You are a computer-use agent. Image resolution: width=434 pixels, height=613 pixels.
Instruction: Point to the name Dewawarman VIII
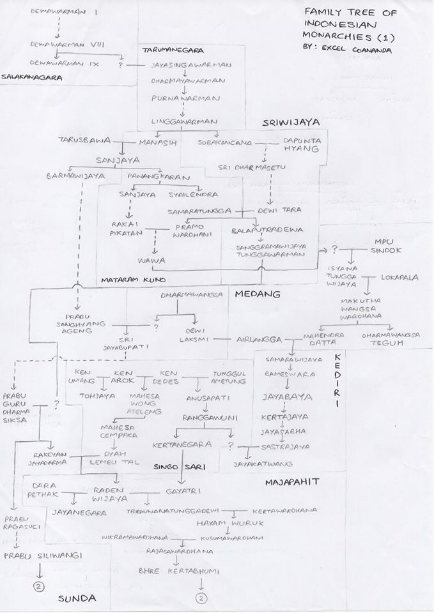(58, 44)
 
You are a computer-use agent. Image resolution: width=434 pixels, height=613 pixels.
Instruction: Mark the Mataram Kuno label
(134, 280)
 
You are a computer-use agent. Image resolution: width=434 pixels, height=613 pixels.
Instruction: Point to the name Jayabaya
(287, 397)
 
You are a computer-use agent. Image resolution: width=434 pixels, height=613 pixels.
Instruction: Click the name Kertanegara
(182, 444)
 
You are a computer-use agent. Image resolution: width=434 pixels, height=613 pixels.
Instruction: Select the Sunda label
(77, 598)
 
